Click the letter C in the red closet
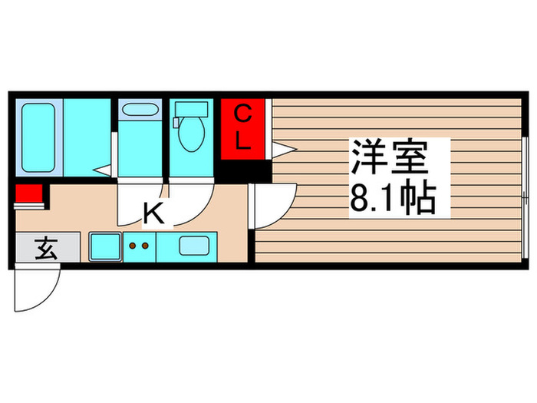click(242, 116)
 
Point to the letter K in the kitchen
click(154, 213)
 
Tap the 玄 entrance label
click(46, 249)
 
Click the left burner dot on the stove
click(131, 246)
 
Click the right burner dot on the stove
click(144, 246)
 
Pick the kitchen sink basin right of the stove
click(195, 246)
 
